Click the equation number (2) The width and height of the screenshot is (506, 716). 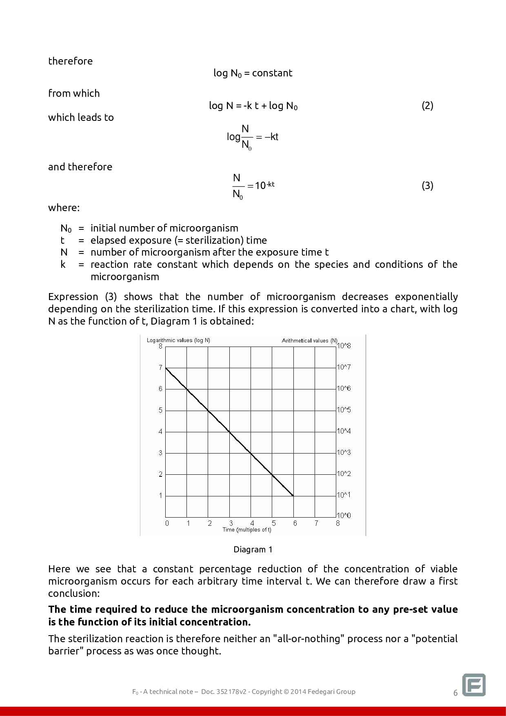tap(427, 106)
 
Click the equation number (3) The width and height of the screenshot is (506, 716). tap(427, 186)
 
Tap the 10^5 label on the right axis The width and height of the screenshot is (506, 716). tap(344, 410)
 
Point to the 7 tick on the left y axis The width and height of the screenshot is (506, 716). tap(161, 367)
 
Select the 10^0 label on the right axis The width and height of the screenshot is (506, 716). tap(344, 516)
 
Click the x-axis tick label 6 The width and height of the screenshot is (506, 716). tap(295, 523)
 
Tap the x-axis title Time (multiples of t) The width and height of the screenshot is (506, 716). tap(247, 530)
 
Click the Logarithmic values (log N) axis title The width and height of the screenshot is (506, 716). tap(178, 340)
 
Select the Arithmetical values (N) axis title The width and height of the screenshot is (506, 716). tap(310, 340)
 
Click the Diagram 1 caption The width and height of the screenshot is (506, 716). tap(253, 549)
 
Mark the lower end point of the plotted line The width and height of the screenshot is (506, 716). tap(293, 496)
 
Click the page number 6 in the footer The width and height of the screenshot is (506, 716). tap(455, 693)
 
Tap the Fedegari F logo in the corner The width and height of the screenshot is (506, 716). tap(474, 685)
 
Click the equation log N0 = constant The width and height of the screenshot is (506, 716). tap(253, 73)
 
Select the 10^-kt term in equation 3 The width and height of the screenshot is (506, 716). tap(264, 186)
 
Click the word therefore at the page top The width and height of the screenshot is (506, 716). tap(70, 61)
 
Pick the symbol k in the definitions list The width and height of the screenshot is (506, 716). tap(63, 265)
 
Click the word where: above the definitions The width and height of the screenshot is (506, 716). tap(64, 207)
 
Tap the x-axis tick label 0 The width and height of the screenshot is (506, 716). tap(167, 523)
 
